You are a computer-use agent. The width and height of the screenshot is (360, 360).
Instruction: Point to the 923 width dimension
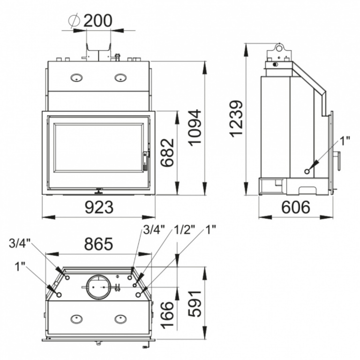point(99,207)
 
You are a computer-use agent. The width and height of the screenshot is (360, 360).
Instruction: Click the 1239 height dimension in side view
point(238,118)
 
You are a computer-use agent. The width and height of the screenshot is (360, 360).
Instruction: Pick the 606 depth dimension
point(296,207)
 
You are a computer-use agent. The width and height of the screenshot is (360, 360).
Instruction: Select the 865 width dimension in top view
point(98,244)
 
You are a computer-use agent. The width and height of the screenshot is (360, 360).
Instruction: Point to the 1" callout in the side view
point(345,141)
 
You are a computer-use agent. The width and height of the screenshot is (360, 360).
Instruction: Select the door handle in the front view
point(145,160)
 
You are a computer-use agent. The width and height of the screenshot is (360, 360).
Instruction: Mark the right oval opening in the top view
point(120,319)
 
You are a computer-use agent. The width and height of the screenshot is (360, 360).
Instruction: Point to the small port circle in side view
point(307,171)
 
